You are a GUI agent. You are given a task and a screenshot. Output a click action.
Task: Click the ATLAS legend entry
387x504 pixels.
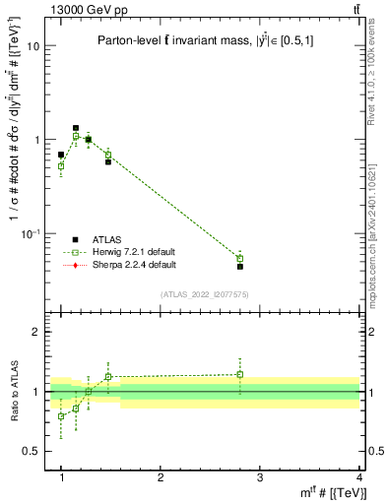click(x=106, y=239)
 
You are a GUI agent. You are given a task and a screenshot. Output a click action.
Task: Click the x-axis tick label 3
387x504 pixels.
click(x=260, y=477)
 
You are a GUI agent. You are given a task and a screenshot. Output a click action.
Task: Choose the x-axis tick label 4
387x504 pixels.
click(x=359, y=477)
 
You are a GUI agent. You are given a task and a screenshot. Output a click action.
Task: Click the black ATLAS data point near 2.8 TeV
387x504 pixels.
click(x=240, y=267)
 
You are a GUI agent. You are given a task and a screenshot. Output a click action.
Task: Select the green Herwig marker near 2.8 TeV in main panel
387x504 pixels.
click(x=240, y=259)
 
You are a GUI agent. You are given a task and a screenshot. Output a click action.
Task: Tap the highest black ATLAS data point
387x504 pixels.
click(x=76, y=128)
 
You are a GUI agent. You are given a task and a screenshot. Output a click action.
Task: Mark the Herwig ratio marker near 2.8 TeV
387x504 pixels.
click(x=240, y=374)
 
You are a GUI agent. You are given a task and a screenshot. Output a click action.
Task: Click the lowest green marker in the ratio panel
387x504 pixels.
click(x=61, y=416)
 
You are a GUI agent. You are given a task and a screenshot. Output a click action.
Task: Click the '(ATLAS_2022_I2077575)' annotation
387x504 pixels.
click(x=210, y=294)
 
